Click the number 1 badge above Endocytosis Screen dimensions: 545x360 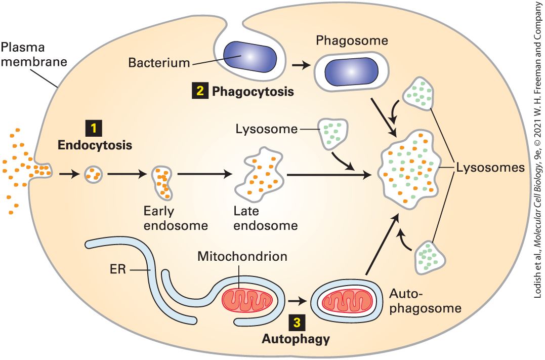tap(94, 128)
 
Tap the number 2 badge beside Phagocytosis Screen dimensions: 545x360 tap(200, 91)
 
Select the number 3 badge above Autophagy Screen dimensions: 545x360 tap(297, 323)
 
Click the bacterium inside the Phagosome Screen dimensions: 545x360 tap(351, 71)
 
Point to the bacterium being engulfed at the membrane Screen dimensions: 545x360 tap(249, 56)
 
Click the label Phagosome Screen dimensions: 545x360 tap(352, 41)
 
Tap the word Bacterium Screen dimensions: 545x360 tap(159, 63)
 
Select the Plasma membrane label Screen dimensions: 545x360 tap(34, 54)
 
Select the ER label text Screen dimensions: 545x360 tap(118, 269)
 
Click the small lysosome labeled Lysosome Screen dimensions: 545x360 tap(333, 134)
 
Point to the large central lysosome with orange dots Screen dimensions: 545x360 tap(409, 169)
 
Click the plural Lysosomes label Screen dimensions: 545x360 tap(490, 168)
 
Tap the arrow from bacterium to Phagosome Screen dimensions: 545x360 tap(302, 65)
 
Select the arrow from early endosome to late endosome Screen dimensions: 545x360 tap(204, 174)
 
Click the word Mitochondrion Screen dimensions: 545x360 tap(242, 256)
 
